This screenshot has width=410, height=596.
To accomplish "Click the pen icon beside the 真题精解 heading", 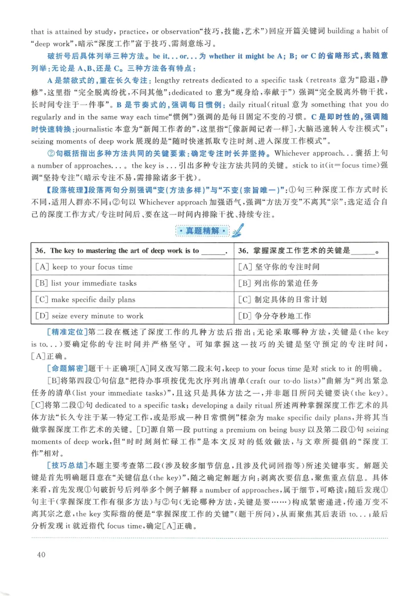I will (236, 231).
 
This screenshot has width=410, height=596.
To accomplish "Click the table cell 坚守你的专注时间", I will (311, 267).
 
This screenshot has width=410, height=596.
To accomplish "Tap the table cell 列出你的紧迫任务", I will (311, 283).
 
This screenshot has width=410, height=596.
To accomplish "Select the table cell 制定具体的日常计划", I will (311, 300).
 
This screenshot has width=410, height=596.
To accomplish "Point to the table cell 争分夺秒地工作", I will (311, 316).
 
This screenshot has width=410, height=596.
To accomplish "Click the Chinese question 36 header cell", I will (311, 251).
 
